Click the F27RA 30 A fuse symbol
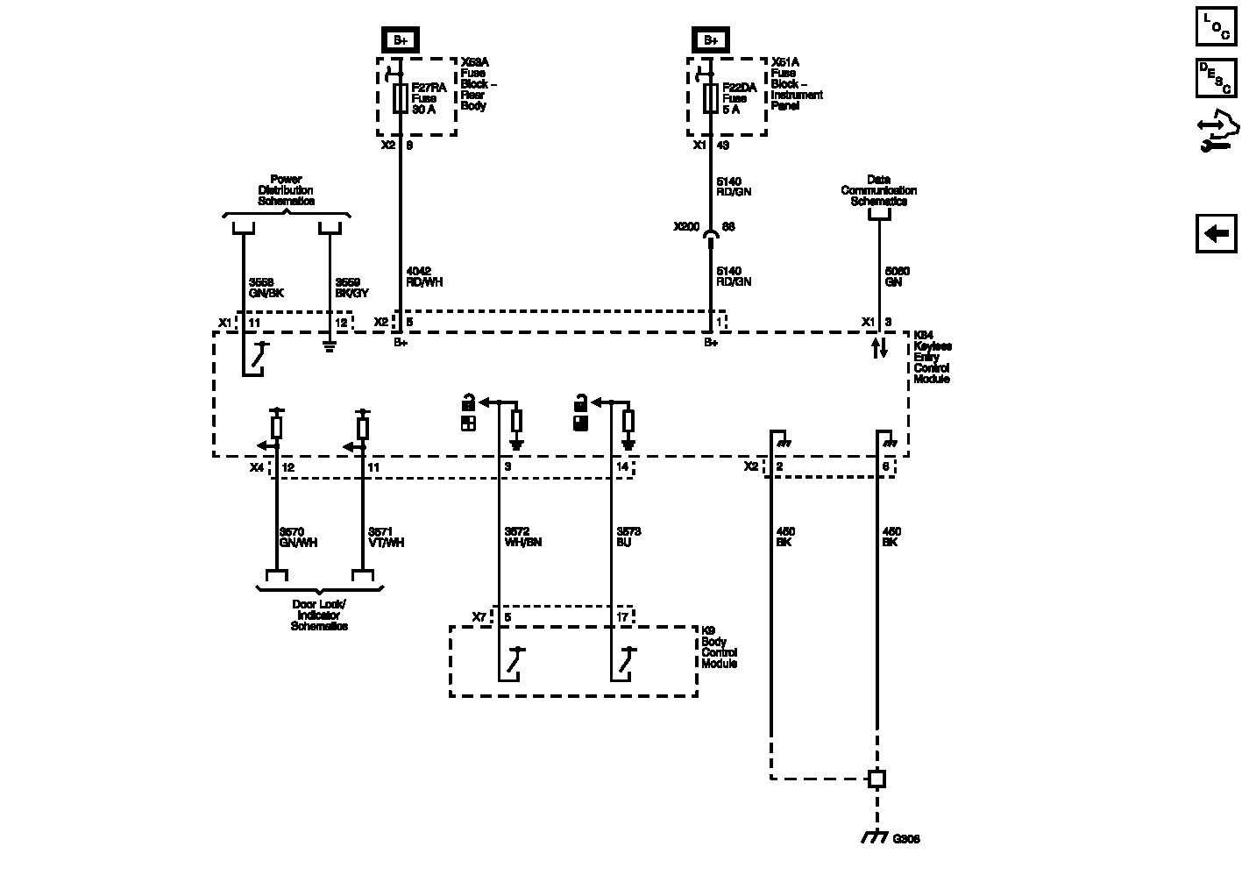pos(400,98)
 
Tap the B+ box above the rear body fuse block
pos(401,39)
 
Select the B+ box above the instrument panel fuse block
pos(710,39)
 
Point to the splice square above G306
pos(876,778)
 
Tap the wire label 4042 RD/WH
pos(424,276)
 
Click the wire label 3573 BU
pos(629,537)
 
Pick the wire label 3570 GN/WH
pos(298,537)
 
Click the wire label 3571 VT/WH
pos(386,537)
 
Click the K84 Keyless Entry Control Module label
pos(933,357)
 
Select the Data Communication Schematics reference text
pos(878,190)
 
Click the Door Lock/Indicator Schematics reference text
pos(319,615)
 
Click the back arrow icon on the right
pos(1217,234)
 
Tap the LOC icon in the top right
pos(1217,25)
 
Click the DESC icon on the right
pos(1217,77)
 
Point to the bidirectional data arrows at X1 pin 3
pos(880,347)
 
